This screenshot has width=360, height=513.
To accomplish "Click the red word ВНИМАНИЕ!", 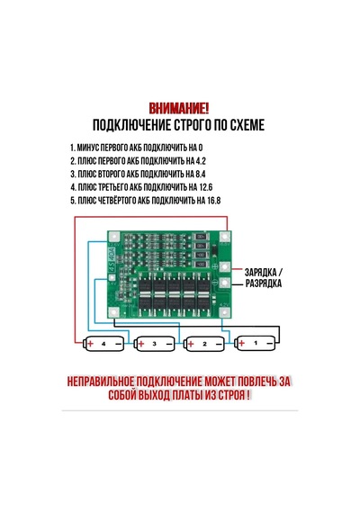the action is pyautogui.click(x=179, y=109).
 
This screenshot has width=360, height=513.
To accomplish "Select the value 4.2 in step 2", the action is pyautogui.click(x=201, y=161).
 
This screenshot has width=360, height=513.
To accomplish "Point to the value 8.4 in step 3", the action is pyautogui.click(x=201, y=174).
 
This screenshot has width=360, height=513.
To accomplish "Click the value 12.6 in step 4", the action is pyautogui.click(x=205, y=187).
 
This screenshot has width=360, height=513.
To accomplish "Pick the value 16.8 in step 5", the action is pyautogui.click(x=213, y=200).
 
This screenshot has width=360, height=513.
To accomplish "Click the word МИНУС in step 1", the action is pyautogui.click(x=87, y=148).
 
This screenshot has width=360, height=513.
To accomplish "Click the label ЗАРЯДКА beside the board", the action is pyautogui.click(x=260, y=272).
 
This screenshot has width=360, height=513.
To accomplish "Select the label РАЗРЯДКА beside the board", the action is pyautogui.click(x=264, y=283).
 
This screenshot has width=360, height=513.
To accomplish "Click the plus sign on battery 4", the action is pyautogui.click(x=90, y=344).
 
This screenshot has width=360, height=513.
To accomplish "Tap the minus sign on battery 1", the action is pyautogui.click(x=270, y=343).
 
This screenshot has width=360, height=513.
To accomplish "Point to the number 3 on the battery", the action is pyautogui.click(x=155, y=344).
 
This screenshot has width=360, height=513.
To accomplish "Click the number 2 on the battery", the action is pyautogui.click(x=205, y=344).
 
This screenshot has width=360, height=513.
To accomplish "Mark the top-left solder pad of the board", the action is pyautogui.click(x=113, y=236).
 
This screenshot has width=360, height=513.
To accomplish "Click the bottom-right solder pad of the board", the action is pyautogui.click(x=225, y=312).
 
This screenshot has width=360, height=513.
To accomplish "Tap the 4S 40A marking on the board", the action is pyautogui.click(x=112, y=258).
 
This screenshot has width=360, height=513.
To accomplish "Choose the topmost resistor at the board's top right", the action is pyautogui.click(x=202, y=237).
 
